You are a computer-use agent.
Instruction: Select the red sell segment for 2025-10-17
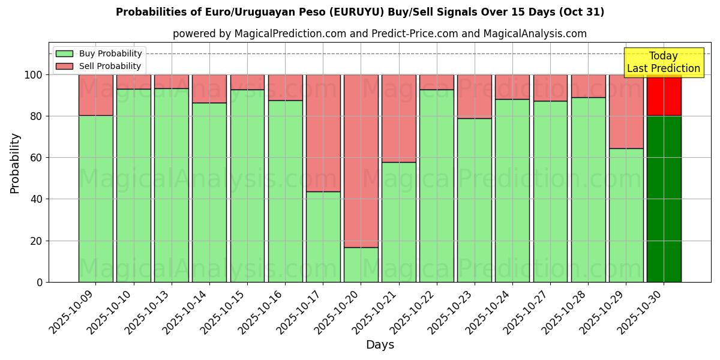(323, 133)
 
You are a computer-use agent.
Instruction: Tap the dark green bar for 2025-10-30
(664, 199)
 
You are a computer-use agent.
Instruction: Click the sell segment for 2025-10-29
(626, 112)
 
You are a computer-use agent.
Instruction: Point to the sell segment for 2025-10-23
(474, 97)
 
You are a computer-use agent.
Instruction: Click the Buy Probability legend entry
(99, 53)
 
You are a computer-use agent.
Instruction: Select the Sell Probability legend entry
(99, 66)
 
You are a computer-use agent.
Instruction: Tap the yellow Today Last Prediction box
(663, 62)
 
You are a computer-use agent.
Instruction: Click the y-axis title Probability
(15, 163)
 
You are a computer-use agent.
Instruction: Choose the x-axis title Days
(380, 345)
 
